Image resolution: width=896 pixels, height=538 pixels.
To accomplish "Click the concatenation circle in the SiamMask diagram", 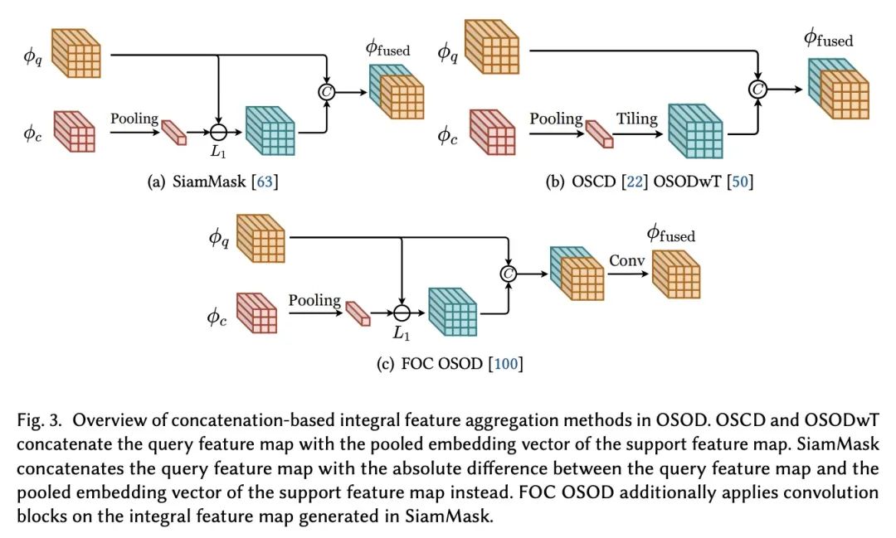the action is pyautogui.click(x=326, y=92).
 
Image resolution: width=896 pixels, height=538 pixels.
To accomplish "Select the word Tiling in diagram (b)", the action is pyautogui.click(x=636, y=119).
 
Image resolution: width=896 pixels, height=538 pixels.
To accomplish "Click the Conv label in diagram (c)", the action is pyautogui.click(x=627, y=260).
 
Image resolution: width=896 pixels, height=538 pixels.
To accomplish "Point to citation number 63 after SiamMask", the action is pyautogui.click(x=265, y=182).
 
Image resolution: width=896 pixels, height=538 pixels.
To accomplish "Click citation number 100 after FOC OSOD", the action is pyautogui.click(x=505, y=363).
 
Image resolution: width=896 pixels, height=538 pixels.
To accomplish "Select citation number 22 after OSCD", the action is pyautogui.click(x=635, y=182).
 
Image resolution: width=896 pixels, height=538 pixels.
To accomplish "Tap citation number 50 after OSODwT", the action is pyautogui.click(x=739, y=182).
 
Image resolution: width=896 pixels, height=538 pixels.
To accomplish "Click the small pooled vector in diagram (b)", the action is pyautogui.click(x=600, y=134).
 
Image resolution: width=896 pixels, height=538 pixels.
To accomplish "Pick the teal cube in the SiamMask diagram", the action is pyautogui.click(x=270, y=131).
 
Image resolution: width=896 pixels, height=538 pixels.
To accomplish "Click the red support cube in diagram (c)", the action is pyautogui.click(x=256, y=313).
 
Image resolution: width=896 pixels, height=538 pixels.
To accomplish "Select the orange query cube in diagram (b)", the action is pyautogui.click(x=492, y=46).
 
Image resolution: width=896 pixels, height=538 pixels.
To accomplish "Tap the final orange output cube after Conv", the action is pyautogui.click(x=676, y=274).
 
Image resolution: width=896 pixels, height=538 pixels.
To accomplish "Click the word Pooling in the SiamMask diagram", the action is pyautogui.click(x=134, y=119).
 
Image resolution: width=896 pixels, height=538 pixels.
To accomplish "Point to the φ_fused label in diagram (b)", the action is pyautogui.click(x=828, y=39).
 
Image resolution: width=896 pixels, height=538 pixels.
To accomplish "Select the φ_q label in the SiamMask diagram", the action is pyautogui.click(x=32, y=56).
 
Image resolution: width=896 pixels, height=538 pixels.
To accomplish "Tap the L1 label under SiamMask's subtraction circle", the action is pyautogui.click(x=218, y=152).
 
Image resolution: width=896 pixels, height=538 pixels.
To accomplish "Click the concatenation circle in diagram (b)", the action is pyautogui.click(x=757, y=89).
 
